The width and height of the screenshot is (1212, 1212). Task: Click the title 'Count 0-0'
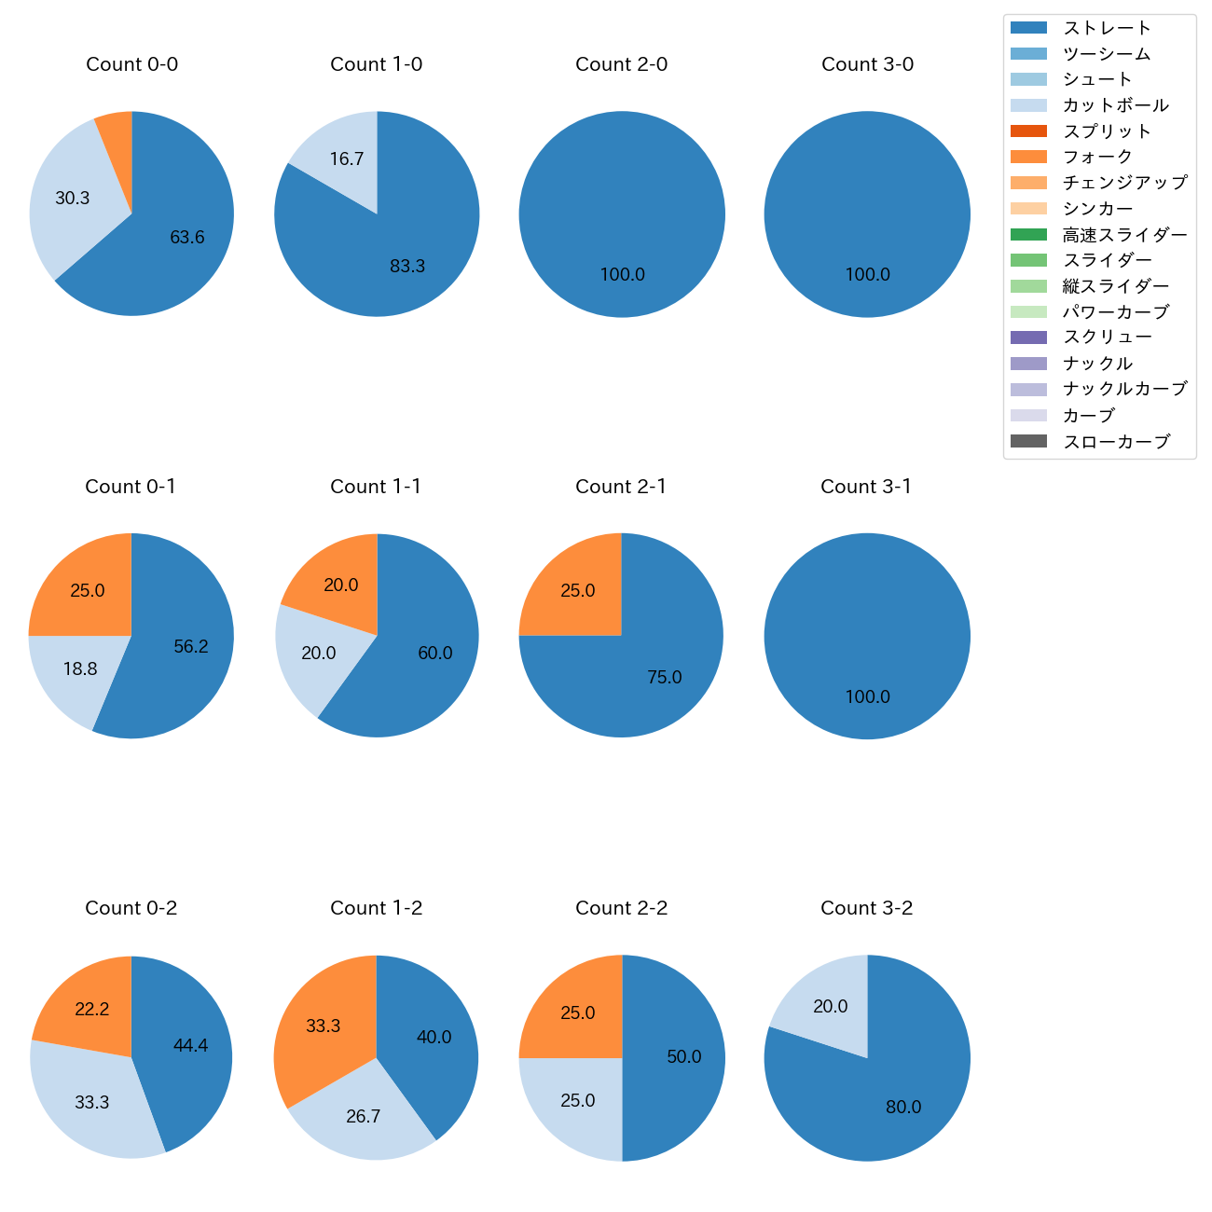131,64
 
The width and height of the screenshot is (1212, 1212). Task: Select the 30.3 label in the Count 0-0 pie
73,199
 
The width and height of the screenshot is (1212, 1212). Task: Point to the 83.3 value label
407,267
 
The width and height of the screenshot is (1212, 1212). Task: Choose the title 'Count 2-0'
622,64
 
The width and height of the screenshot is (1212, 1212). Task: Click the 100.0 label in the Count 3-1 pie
867,697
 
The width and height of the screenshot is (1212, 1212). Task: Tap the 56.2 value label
191,647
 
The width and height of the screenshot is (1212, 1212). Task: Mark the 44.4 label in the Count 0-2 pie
190,1046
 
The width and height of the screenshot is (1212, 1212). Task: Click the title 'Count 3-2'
867,908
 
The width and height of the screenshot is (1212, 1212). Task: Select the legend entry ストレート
1107,29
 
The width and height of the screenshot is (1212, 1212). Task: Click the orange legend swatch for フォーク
1028,157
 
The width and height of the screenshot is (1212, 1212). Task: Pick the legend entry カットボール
1115,105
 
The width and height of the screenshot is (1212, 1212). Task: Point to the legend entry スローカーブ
1116,442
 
